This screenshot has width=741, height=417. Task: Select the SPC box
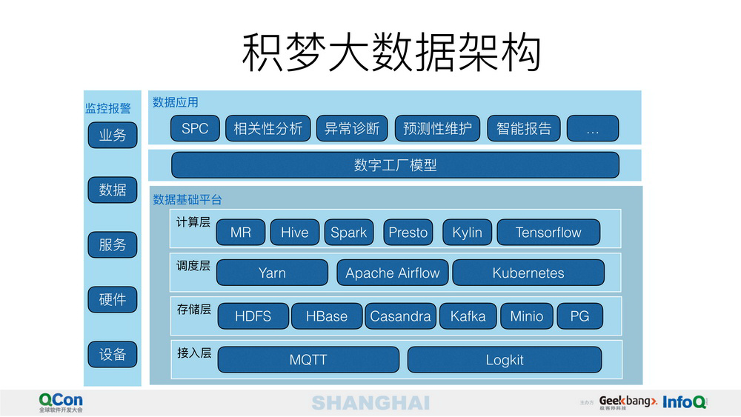click(x=195, y=128)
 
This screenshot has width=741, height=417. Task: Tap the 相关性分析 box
click(x=268, y=128)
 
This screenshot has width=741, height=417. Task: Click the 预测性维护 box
click(x=437, y=128)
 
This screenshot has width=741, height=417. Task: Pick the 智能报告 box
click(x=524, y=128)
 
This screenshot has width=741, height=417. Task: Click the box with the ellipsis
click(x=592, y=128)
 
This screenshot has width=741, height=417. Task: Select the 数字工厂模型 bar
click(x=395, y=165)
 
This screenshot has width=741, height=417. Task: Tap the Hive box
click(x=294, y=232)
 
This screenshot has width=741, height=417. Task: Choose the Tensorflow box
click(x=548, y=232)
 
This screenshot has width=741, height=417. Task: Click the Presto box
click(x=408, y=232)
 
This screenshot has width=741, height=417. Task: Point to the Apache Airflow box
click(x=393, y=273)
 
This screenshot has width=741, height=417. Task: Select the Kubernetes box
click(x=528, y=273)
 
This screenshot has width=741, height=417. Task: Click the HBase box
click(x=327, y=316)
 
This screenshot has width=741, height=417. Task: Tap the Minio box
click(x=526, y=316)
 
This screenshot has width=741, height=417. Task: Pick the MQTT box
click(x=308, y=360)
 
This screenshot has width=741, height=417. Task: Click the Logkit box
click(x=505, y=360)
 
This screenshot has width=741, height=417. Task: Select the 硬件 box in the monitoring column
click(x=113, y=299)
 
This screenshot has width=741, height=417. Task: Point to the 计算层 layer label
click(x=193, y=222)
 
